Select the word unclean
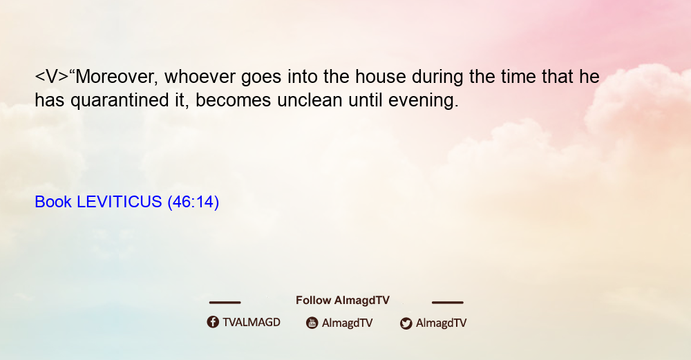point(310,100)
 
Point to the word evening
point(424,101)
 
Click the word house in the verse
point(380,77)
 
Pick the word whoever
point(200,77)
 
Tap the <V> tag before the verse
point(52,77)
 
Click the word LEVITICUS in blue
point(120,202)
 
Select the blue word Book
point(53,202)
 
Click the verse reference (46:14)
point(193,202)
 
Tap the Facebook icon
point(213,322)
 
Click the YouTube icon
point(312,323)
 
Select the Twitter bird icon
point(406,323)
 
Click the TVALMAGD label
point(252,322)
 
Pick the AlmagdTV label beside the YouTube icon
point(348,323)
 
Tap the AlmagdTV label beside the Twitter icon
point(441,323)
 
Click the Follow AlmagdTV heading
point(343,300)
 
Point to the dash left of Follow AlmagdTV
point(225,302)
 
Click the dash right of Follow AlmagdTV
point(447,302)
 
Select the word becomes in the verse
point(233,100)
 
